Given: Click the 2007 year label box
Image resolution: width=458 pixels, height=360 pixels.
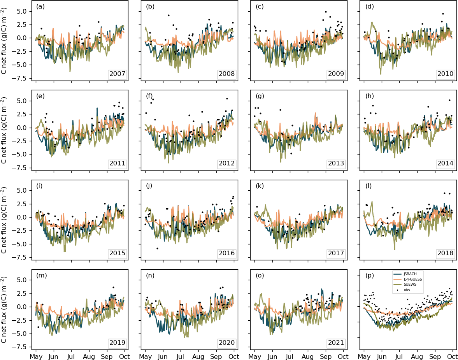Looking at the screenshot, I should click(x=118, y=74).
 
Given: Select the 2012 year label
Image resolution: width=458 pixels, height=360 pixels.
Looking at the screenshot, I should click(x=227, y=163).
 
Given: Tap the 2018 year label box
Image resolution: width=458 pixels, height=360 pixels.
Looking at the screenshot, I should click(x=446, y=253).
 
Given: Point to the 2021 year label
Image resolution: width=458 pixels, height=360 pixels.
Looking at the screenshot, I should click(x=336, y=343).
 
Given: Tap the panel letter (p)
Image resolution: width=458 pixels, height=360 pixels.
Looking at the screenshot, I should click(x=370, y=276).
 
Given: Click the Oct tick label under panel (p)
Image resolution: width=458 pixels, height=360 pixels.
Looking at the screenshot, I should click(x=453, y=356).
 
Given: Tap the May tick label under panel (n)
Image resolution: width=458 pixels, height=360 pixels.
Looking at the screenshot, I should click(x=146, y=356).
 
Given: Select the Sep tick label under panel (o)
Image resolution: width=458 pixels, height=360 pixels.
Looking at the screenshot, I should click(x=326, y=356).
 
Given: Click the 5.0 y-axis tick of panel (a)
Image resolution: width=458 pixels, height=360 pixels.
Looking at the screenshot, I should click(x=21, y=11).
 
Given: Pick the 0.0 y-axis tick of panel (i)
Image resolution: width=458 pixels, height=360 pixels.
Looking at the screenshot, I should click(x=21, y=217).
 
